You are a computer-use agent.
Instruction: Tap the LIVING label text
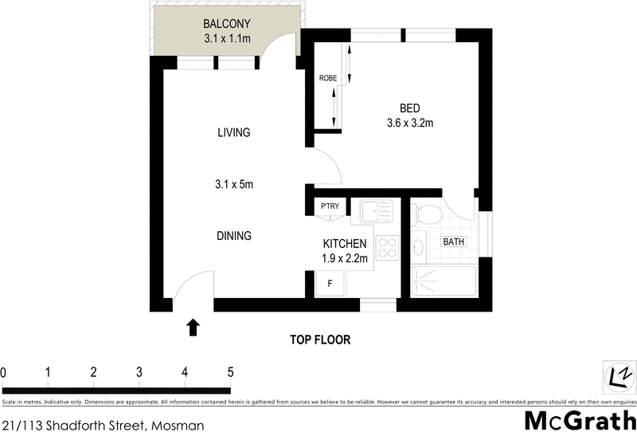coord(234,132)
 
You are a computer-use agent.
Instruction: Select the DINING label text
coord(234,236)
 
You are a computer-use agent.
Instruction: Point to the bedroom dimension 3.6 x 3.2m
coord(409,123)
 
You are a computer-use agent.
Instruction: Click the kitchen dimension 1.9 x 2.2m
coord(345,257)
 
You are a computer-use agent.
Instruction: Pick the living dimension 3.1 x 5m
coord(233,184)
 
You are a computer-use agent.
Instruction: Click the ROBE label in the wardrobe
coord(326,78)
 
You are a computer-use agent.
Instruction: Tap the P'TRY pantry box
coord(330,206)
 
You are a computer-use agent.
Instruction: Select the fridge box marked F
coord(330,282)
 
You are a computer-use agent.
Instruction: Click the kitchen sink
coord(375,211)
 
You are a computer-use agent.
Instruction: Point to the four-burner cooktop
coord(386,248)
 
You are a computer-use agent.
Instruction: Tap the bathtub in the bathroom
coord(445,282)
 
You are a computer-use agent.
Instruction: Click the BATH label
coord(454,242)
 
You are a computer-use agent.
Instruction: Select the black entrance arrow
coord(192,326)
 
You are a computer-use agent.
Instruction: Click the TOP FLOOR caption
coord(319,340)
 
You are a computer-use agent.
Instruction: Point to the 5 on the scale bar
coord(230,372)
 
